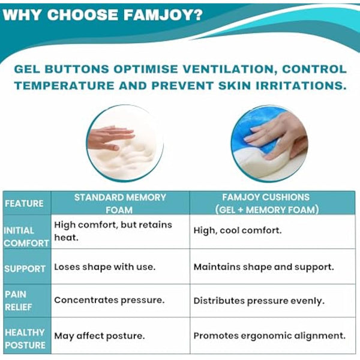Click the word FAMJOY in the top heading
point(157,15)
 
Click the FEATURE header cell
point(25,203)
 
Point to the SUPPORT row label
point(25,269)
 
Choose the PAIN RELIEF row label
point(25,301)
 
